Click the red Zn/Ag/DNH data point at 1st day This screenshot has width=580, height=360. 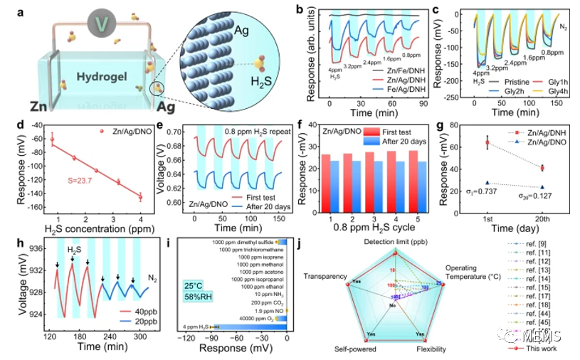[487, 143]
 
